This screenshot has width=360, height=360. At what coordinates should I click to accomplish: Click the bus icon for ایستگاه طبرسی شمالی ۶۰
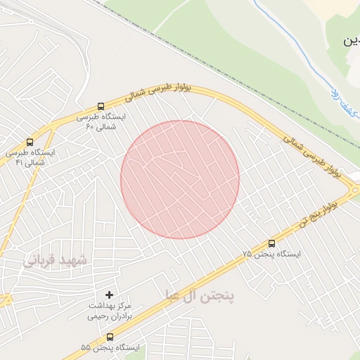coord(101,105)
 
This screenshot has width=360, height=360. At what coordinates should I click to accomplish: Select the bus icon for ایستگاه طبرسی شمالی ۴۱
coord(29,141)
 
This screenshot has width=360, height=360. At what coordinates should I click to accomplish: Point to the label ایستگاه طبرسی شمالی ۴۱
coord(30,157)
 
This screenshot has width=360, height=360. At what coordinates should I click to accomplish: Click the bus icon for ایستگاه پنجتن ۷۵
coord(271,243)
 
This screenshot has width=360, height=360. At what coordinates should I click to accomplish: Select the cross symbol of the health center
coord(108,294)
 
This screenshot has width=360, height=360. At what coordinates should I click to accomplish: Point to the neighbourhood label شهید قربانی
coord(56,261)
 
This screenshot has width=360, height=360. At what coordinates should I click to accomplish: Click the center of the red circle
coord(180,180)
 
